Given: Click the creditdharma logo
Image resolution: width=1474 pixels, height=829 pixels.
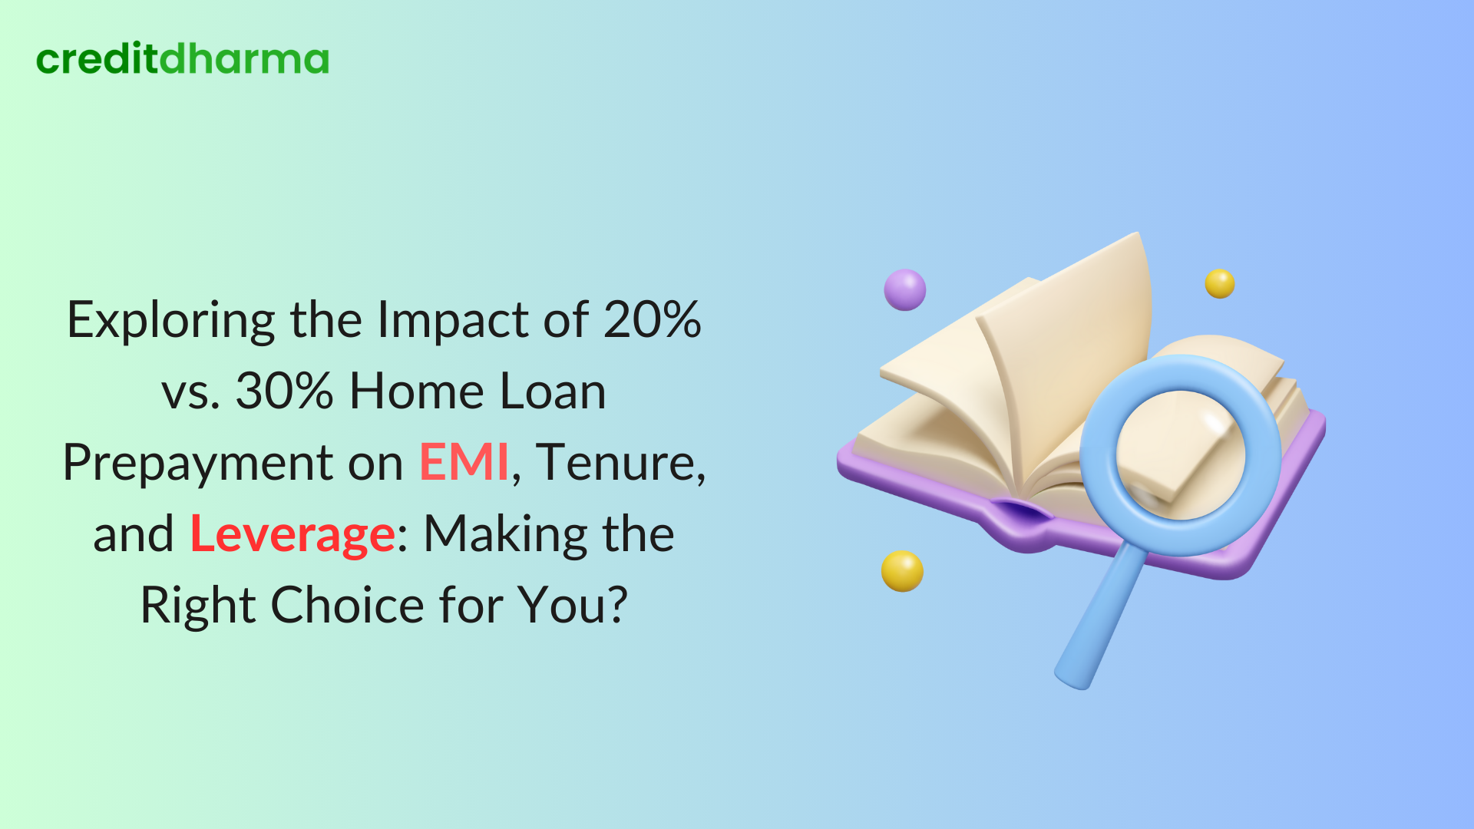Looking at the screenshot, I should (183, 59).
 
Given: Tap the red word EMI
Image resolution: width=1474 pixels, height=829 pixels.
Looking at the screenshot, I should (464, 463).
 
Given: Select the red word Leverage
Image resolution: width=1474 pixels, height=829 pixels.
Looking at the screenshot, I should (292, 534).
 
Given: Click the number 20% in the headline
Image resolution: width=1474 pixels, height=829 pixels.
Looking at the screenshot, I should (652, 320).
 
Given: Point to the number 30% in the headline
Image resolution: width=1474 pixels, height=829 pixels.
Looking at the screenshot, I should (284, 391).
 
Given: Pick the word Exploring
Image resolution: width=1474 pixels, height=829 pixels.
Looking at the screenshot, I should (170, 321).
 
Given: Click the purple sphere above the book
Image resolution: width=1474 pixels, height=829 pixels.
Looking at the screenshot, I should (905, 289).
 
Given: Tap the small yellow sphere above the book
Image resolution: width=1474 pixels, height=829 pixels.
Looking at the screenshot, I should (1219, 283).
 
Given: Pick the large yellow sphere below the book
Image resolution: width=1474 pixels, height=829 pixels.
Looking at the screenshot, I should (902, 571).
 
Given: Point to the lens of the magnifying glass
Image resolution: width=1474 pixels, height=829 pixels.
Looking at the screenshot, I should (1181, 454).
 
